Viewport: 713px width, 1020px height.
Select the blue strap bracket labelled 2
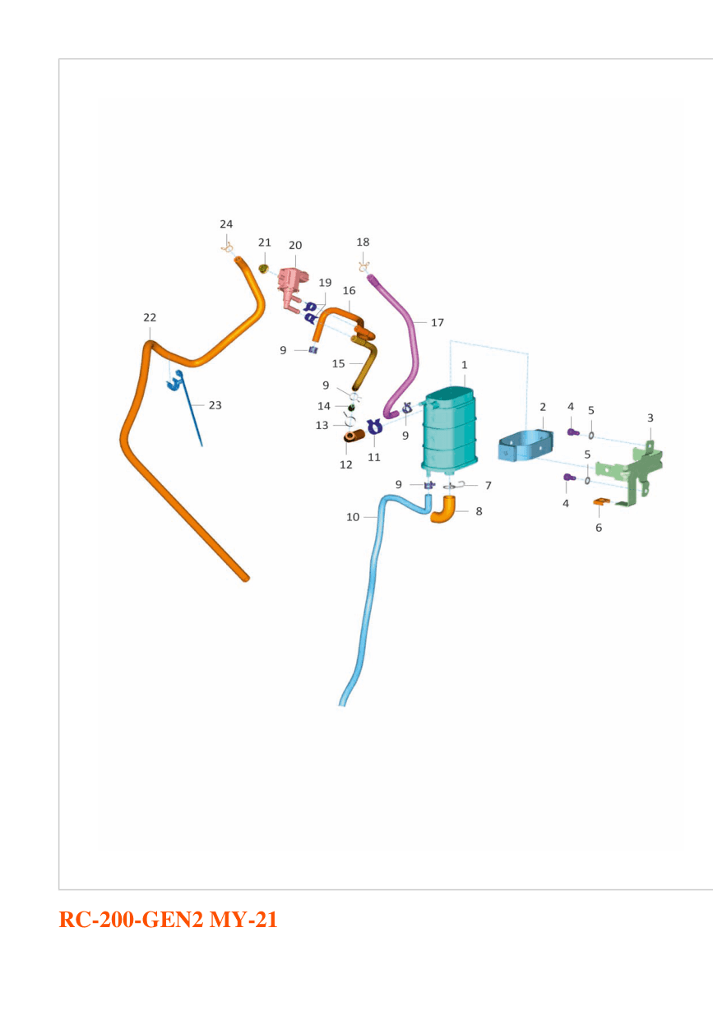525,445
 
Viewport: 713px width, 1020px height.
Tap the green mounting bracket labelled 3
631,474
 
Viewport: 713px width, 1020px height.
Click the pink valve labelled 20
292,286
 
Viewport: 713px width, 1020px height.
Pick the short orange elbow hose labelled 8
442,510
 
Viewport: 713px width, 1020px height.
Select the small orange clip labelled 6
601,501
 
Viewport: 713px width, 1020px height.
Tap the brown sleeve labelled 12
354,436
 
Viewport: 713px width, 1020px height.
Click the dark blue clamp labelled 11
374,427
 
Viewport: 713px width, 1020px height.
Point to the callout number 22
150,317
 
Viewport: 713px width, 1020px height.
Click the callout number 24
226,224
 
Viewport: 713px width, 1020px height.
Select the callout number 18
363,242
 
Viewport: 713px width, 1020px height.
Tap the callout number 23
215,405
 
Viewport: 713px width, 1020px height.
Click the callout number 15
339,363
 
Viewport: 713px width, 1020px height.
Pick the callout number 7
488,486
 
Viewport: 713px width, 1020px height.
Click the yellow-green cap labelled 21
263,269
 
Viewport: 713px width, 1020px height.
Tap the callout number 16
349,290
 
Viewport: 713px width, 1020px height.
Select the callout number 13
322,425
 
